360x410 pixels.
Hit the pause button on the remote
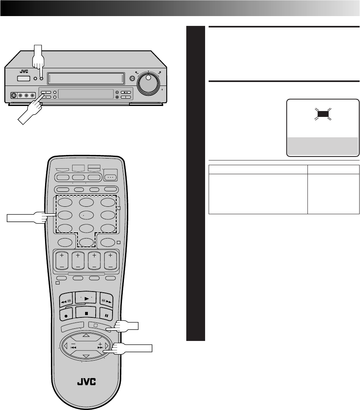(x=105, y=314)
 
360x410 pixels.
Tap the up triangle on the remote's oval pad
(x=86, y=335)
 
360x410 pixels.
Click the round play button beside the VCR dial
(x=132, y=78)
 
